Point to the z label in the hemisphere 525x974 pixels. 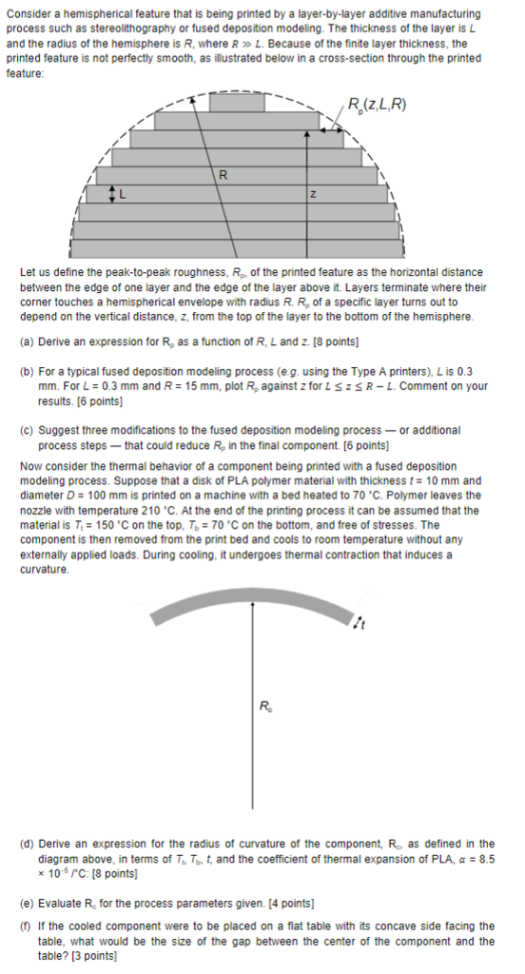[311, 194]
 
